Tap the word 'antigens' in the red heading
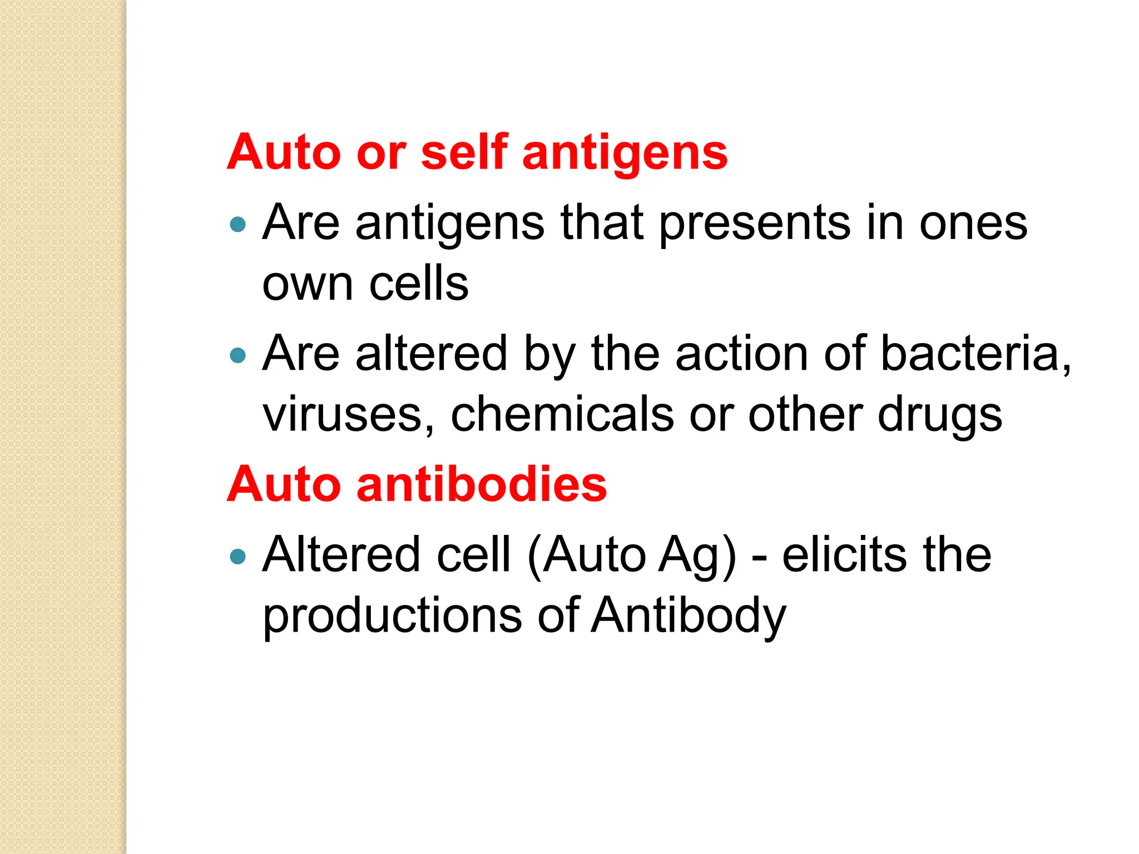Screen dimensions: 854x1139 point(625,153)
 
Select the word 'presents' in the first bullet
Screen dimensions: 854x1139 point(755,223)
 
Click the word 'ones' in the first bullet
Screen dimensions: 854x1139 point(973,223)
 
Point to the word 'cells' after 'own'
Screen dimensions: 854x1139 point(419,284)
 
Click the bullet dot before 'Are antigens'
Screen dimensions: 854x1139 point(237,224)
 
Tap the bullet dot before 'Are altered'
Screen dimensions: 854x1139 point(237,355)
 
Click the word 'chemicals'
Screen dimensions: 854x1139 point(562,414)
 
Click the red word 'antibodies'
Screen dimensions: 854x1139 point(482,484)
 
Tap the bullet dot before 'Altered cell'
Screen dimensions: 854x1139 point(237,556)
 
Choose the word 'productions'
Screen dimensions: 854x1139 point(392,616)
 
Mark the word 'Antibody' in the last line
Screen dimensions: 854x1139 point(688,616)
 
